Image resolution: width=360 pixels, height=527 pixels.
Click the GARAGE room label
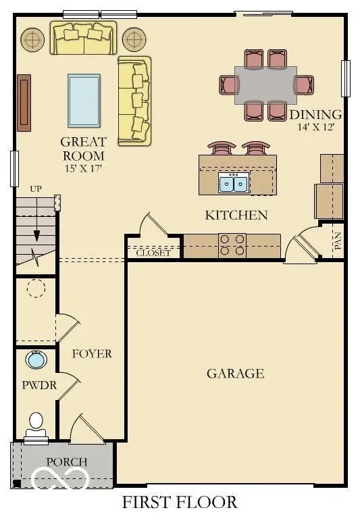[235, 373]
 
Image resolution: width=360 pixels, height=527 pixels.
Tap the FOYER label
[92, 353]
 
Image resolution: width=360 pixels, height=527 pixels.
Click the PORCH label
[67, 461]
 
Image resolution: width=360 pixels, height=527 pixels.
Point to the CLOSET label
[153, 253]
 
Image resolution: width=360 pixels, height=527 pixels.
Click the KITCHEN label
[236, 216]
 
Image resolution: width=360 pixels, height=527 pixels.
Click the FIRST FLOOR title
[179, 502]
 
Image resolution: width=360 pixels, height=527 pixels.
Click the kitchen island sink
[233, 182]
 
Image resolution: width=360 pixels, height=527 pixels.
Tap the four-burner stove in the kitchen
[232, 245]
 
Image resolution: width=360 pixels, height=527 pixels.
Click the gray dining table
[266, 84]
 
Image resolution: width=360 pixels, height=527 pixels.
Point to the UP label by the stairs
[36, 189]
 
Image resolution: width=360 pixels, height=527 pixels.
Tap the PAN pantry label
[338, 241]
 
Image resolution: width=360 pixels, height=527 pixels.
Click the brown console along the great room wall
[24, 102]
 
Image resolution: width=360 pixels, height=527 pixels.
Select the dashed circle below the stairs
[35, 289]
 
